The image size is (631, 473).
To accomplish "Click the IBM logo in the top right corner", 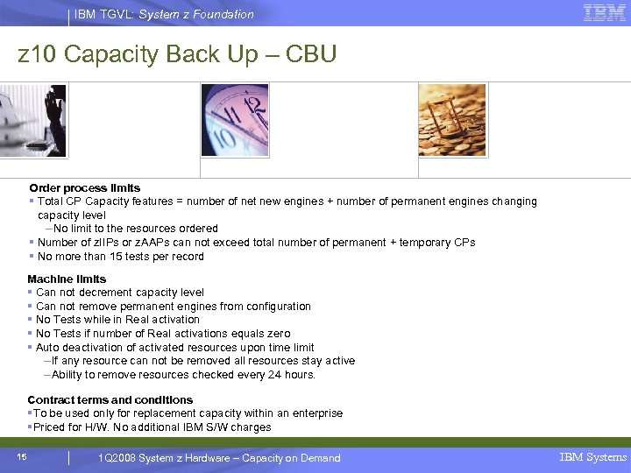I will (604, 12).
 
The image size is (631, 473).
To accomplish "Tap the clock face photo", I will (235, 120).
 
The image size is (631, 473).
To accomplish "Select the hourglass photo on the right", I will (452, 120).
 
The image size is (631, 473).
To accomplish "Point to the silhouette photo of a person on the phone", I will (33, 121).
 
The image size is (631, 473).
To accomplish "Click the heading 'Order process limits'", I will (84, 188).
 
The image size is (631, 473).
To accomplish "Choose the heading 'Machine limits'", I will (67, 279).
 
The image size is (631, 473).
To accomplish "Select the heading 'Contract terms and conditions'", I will (110, 400).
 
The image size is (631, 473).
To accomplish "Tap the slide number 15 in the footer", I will (22, 456).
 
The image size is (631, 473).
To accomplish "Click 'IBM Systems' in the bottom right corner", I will (593, 457).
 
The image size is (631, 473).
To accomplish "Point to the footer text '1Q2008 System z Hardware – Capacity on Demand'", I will (219, 458).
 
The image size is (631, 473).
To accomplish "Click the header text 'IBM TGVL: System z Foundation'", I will (164, 14).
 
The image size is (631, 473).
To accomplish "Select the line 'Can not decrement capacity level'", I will (120, 293).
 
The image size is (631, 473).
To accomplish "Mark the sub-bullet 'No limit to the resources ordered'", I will (136, 229).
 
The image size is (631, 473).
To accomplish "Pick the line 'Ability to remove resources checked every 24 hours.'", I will (183, 375).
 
